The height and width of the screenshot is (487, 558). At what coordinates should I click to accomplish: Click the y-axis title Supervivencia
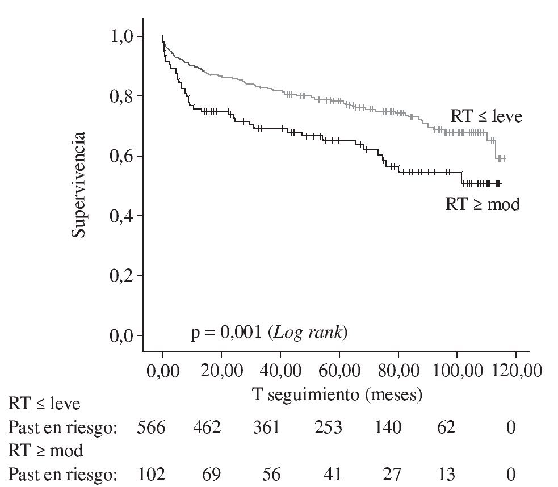click(x=79, y=185)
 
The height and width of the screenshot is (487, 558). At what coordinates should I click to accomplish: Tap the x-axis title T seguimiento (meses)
click(x=337, y=395)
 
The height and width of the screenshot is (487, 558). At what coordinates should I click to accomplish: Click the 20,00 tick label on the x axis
click(x=221, y=372)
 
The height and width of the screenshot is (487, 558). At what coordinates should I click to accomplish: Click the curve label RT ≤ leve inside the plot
click(x=486, y=116)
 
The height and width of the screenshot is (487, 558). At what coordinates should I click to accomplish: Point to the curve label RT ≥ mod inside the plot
click(x=482, y=204)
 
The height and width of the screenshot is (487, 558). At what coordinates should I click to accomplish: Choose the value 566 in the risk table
click(x=151, y=427)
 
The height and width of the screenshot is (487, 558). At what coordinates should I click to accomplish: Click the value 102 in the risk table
click(x=151, y=473)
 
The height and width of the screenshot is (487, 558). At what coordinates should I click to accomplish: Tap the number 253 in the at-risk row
click(x=328, y=427)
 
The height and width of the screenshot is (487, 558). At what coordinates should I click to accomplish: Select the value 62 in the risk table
click(x=446, y=427)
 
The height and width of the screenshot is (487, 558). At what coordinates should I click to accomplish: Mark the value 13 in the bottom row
click(x=446, y=473)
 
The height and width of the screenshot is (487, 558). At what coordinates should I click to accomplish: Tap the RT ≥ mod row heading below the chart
click(x=45, y=451)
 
